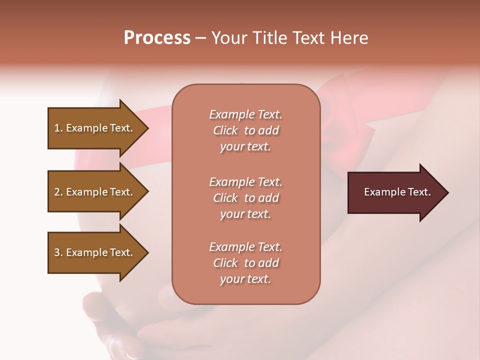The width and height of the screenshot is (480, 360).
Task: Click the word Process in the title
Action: [157, 38]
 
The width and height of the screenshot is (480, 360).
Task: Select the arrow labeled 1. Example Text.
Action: [95, 128]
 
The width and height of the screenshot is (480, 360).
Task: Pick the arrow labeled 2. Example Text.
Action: [95, 192]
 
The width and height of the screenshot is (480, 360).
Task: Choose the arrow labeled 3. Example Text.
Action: [95, 252]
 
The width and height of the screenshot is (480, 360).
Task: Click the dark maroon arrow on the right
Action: [395, 192]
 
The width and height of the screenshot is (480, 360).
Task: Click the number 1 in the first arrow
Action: [57, 128]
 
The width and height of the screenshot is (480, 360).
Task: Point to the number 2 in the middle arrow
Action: [57, 192]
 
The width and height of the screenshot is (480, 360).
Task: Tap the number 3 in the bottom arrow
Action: [57, 252]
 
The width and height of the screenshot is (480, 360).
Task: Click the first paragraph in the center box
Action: [245, 130]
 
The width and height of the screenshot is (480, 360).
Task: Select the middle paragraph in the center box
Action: [245, 198]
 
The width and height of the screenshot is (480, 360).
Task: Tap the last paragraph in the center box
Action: [245, 263]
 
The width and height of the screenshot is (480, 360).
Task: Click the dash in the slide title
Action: [201, 38]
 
